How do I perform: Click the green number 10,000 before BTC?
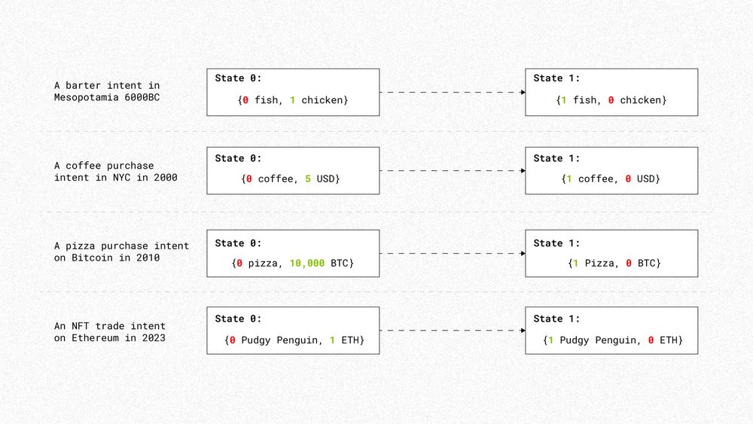coord(306,264)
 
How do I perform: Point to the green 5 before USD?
coord(309,179)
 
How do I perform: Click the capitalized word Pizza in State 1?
coord(595,264)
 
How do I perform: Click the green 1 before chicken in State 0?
coord(292,100)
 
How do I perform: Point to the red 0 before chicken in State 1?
coord(611,100)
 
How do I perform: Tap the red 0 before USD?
coord(628,179)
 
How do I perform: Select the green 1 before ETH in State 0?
coord(332,341)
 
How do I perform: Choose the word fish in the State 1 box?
coord(585,100)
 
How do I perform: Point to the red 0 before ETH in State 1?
coord(651,341)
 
